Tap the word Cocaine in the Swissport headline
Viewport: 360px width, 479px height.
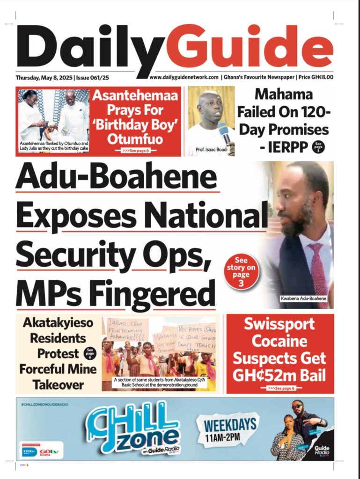click(x=279, y=341)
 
